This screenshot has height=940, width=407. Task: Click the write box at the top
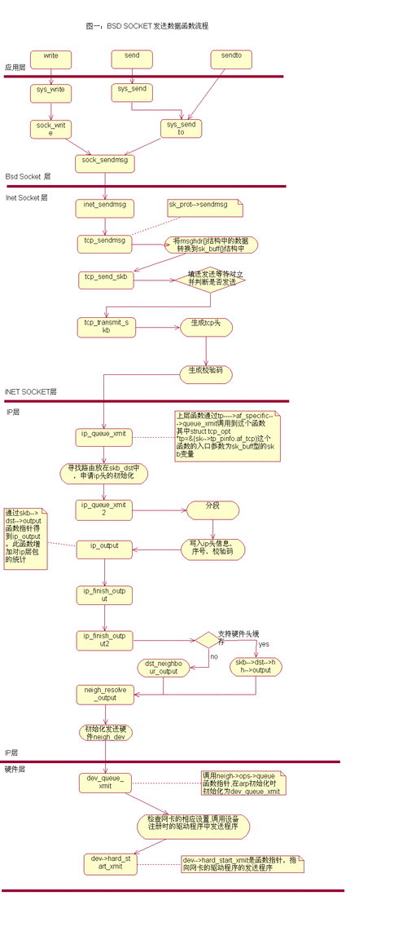(x=50, y=60)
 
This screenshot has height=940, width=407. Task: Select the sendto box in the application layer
(x=231, y=60)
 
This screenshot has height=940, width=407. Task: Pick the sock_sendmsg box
(x=105, y=163)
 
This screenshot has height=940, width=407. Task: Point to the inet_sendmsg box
(x=105, y=208)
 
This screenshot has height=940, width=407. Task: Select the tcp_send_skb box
(x=105, y=279)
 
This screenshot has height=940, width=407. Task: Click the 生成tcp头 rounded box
(x=206, y=326)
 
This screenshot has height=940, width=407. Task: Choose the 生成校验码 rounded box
(x=206, y=374)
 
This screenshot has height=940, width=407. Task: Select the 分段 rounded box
(x=212, y=510)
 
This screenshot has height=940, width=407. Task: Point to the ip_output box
(x=104, y=549)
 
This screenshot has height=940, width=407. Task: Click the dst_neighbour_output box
(x=163, y=669)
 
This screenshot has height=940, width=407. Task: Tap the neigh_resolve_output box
(x=105, y=694)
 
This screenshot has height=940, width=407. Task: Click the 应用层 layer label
(x=15, y=68)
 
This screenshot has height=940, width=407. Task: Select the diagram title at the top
(x=147, y=27)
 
